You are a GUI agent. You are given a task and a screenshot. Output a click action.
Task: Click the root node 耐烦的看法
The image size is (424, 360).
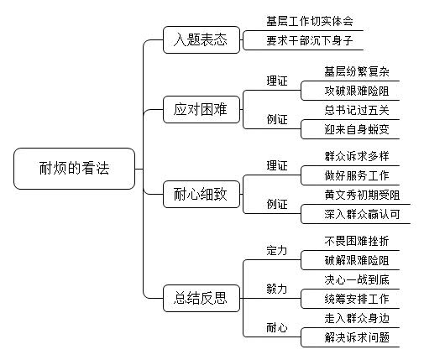(x=74, y=169)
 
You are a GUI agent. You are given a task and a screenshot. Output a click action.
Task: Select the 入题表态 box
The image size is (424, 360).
(x=202, y=39)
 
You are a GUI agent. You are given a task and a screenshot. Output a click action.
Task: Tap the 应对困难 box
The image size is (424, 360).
(x=202, y=109)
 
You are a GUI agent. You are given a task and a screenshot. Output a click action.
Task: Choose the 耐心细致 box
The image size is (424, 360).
(x=202, y=194)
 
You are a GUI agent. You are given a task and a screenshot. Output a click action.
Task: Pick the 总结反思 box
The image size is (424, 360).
(x=202, y=298)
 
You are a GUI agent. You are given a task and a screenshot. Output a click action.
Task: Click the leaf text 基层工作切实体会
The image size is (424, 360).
(x=310, y=21)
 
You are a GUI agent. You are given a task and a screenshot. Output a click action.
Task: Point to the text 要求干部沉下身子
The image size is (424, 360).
(x=310, y=40)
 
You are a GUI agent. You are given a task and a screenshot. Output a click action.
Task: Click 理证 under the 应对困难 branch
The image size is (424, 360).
(x=277, y=81)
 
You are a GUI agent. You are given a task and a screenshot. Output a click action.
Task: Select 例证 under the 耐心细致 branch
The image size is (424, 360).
(x=277, y=204)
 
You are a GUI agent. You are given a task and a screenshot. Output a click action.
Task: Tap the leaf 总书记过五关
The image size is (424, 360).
(x=357, y=110)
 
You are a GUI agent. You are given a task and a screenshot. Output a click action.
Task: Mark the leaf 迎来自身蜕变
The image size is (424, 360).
(x=357, y=129)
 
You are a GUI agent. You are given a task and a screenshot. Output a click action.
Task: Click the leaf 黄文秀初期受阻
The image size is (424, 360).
(x=362, y=195)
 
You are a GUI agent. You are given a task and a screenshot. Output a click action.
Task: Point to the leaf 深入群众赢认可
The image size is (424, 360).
(x=362, y=214)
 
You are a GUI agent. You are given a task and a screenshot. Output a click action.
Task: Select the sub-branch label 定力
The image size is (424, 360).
(x=277, y=250)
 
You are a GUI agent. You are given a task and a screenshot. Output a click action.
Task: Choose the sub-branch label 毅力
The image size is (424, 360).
(x=277, y=289)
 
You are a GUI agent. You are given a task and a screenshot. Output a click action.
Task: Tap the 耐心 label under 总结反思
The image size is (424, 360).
(x=277, y=327)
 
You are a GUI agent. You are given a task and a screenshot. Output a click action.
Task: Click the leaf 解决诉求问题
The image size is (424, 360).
(x=357, y=337)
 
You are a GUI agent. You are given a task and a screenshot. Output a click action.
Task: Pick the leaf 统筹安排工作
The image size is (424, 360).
(x=357, y=299)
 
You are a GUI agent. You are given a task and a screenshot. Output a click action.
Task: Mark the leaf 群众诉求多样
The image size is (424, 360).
(x=357, y=156)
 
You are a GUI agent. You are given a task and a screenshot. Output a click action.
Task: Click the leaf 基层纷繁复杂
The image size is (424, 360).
(x=357, y=71)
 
